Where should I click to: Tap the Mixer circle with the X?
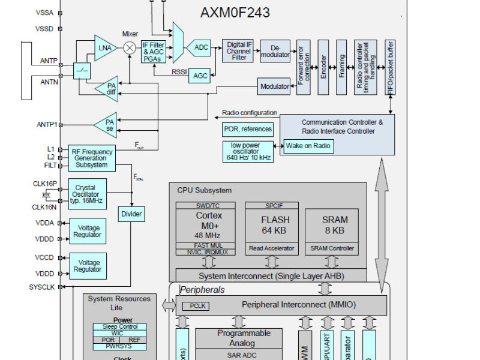130,48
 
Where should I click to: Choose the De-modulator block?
275,51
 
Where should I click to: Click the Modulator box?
274,86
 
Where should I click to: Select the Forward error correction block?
304,67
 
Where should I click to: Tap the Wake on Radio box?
308,146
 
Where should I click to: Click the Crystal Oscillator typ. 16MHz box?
87,193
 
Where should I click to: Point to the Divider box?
131,214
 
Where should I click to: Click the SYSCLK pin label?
41,287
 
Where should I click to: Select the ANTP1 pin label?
47,125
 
